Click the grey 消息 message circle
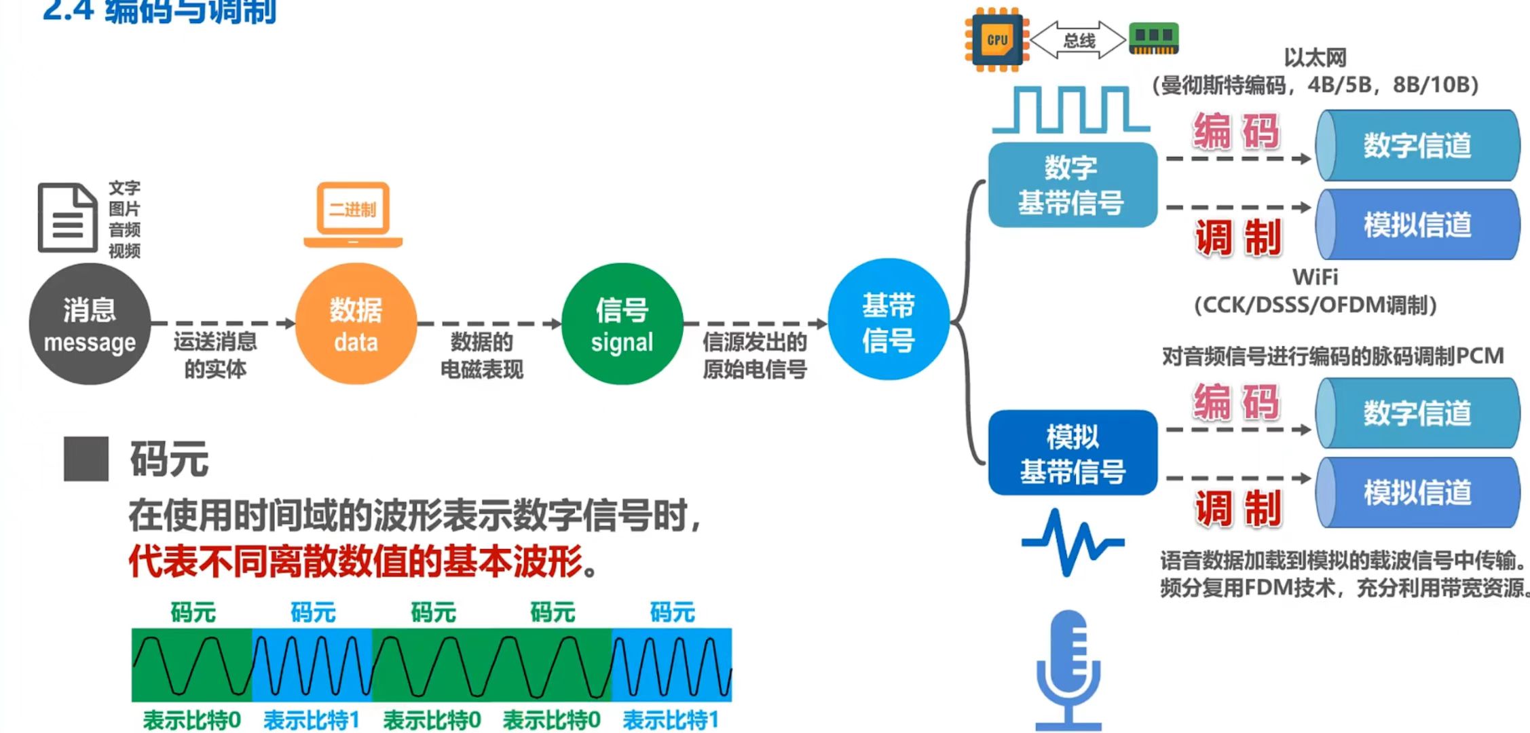click(90, 324)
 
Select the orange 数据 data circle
click(356, 324)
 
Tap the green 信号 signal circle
click(622, 324)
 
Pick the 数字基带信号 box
click(1072, 185)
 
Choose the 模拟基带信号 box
click(1072, 453)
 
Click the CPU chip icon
click(996, 39)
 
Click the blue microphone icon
click(1068, 669)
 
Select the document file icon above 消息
click(67, 217)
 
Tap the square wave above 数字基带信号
click(1070, 110)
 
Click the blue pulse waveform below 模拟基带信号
click(1072, 543)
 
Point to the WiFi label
click(1315, 277)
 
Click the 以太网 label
click(1315, 58)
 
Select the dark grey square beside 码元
click(86, 459)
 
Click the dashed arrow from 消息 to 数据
click(223, 324)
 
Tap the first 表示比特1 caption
click(312, 719)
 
